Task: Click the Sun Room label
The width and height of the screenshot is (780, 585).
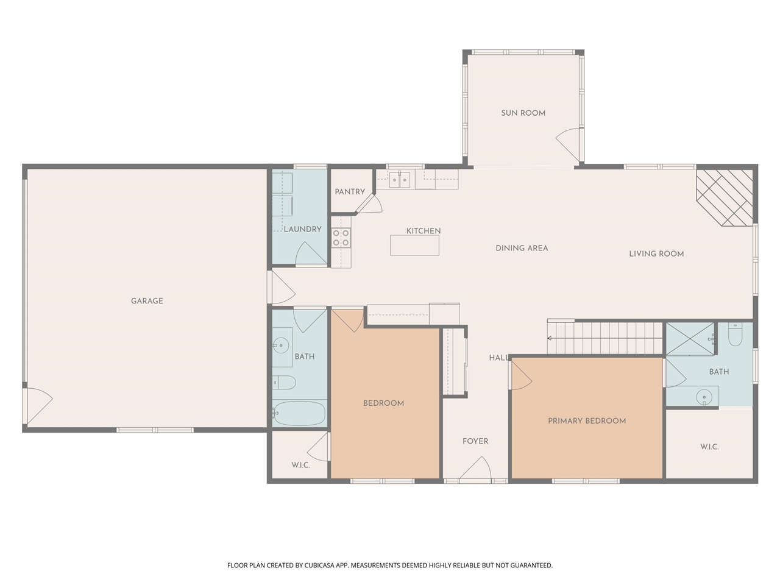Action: (523, 113)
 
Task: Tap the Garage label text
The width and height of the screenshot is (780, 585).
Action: (147, 300)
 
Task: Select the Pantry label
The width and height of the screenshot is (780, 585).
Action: (350, 191)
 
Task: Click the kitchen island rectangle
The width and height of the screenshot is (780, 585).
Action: (414, 245)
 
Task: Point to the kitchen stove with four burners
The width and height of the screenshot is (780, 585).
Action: (341, 238)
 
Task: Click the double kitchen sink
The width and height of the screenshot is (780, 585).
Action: (400, 179)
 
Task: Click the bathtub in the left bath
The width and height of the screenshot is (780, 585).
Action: (299, 414)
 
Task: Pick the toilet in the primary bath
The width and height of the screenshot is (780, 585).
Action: (735, 335)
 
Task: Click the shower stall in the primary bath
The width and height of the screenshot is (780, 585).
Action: (690, 338)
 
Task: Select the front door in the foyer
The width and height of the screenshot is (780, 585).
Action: (476, 469)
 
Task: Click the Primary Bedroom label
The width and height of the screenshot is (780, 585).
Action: (587, 420)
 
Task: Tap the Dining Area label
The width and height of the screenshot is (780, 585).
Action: (522, 248)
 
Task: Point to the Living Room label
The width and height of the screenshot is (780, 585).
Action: (656, 253)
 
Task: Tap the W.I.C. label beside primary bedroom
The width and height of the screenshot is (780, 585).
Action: (709, 447)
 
